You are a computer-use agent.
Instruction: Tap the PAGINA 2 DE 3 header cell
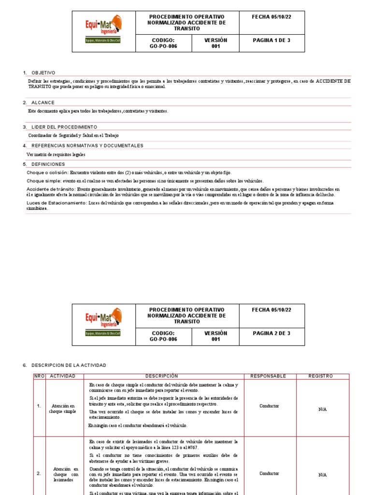click(x=271, y=333)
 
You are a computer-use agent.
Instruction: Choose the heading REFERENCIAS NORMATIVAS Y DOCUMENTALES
click(x=87, y=146)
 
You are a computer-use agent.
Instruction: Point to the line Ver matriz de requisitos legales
click(x=57, y=154)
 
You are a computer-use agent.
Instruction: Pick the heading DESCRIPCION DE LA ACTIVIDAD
click(x=68, y=365)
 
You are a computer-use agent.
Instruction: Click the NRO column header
click(x=39, y=376)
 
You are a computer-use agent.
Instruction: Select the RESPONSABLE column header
click(x=268, y=376)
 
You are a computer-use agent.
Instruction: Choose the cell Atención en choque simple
click(x=62, y=408)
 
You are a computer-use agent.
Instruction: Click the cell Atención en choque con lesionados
click(x=62, y=474)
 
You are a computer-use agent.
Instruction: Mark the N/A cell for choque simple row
click(x=322, y=409)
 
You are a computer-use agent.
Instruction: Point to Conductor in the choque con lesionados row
click(x=269, y=474)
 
